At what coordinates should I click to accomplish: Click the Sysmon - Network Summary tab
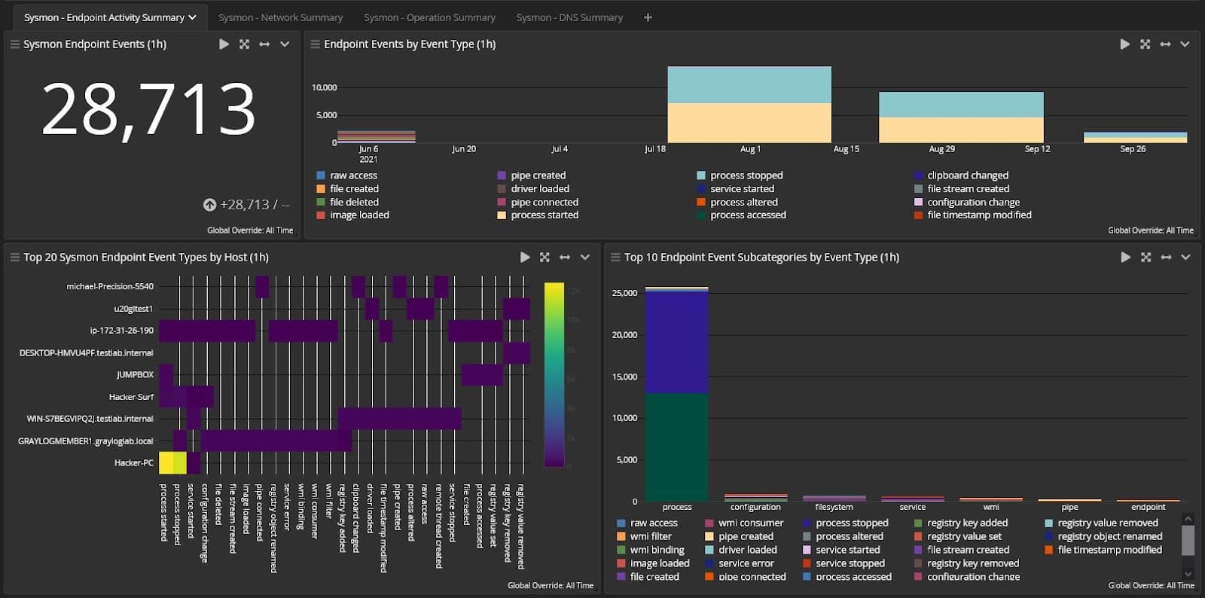tap(280, 17)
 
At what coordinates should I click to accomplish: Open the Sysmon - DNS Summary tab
tap(569, 17)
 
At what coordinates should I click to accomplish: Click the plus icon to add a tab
tap(648, 17)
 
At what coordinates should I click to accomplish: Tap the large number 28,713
tap(149, 110)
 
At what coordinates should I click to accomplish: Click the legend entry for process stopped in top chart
tap(746, 175)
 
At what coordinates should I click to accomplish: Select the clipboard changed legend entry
tap(967, 175)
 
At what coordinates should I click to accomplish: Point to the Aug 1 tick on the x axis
tap(750, 149)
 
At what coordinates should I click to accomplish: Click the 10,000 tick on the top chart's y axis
tap(325, 87)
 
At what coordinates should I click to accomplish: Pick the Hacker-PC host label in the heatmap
tap(133, 462)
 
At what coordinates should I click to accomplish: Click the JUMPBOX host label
tap(135, 374)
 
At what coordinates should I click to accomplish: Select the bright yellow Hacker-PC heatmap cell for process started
tap(166, 462)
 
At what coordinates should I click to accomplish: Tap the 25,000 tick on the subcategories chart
tap(624, 293)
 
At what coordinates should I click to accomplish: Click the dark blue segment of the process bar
tap(676, 342)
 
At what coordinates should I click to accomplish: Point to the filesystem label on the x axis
tap(834, 507)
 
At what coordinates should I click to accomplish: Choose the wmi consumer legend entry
tap(750, 523)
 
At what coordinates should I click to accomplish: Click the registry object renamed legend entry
tap(1109, 536)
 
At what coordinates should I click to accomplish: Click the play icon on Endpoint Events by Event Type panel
tap(1124, 44)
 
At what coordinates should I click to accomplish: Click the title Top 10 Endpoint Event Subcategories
tap(761, 258)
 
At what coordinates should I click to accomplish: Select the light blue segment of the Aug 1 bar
tap(749, 85)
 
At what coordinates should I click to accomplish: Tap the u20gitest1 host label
tap(133, 308)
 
